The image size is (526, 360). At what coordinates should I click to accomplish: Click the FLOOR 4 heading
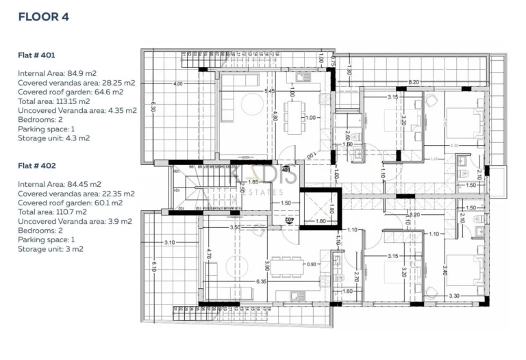[43, 16]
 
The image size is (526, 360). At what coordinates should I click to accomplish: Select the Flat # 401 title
[36, 55]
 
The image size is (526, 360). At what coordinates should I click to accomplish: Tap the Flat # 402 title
[36, 166]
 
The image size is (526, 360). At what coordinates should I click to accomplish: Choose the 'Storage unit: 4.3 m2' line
[53, 138]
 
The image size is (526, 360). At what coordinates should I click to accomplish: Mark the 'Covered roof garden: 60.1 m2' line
[70, 203]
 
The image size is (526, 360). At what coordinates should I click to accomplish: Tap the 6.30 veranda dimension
[153, 107]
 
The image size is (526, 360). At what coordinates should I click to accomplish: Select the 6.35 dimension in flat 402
[261, 281]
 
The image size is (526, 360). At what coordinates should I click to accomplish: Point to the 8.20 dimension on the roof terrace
[414, 82]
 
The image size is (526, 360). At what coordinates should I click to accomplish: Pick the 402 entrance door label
[289, 220]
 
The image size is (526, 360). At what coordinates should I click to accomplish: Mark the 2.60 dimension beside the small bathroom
[348, 135]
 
